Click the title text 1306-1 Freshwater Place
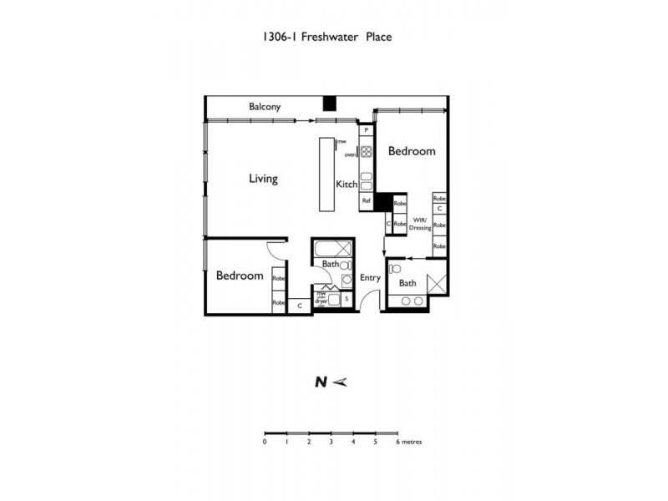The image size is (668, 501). pyautogui.click(x=326, y=37)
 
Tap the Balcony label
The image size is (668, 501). pyautogui.click(x=265, y=107)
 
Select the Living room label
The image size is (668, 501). pyautogui.click(x=263, y=179)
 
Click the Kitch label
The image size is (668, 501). pyautogui.click(x=347, y=185)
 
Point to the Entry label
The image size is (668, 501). pyautogui.click(x=370, y=278)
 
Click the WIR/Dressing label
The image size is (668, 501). pyautogui.click(x=420, y=225)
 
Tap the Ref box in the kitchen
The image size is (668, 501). pyautogui.click(x=366, y=201)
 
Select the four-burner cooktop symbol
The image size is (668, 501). pyautogui.click(x=366, y=151)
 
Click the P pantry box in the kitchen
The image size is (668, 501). pyautogui.click(x=366, y=131)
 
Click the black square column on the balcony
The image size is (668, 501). pyautogui.click(x=330, y=103)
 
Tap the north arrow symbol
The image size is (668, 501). pyautogui.click(x=338, y=382)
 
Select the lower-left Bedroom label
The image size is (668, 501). pyautogui.click(x=240, y=276)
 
